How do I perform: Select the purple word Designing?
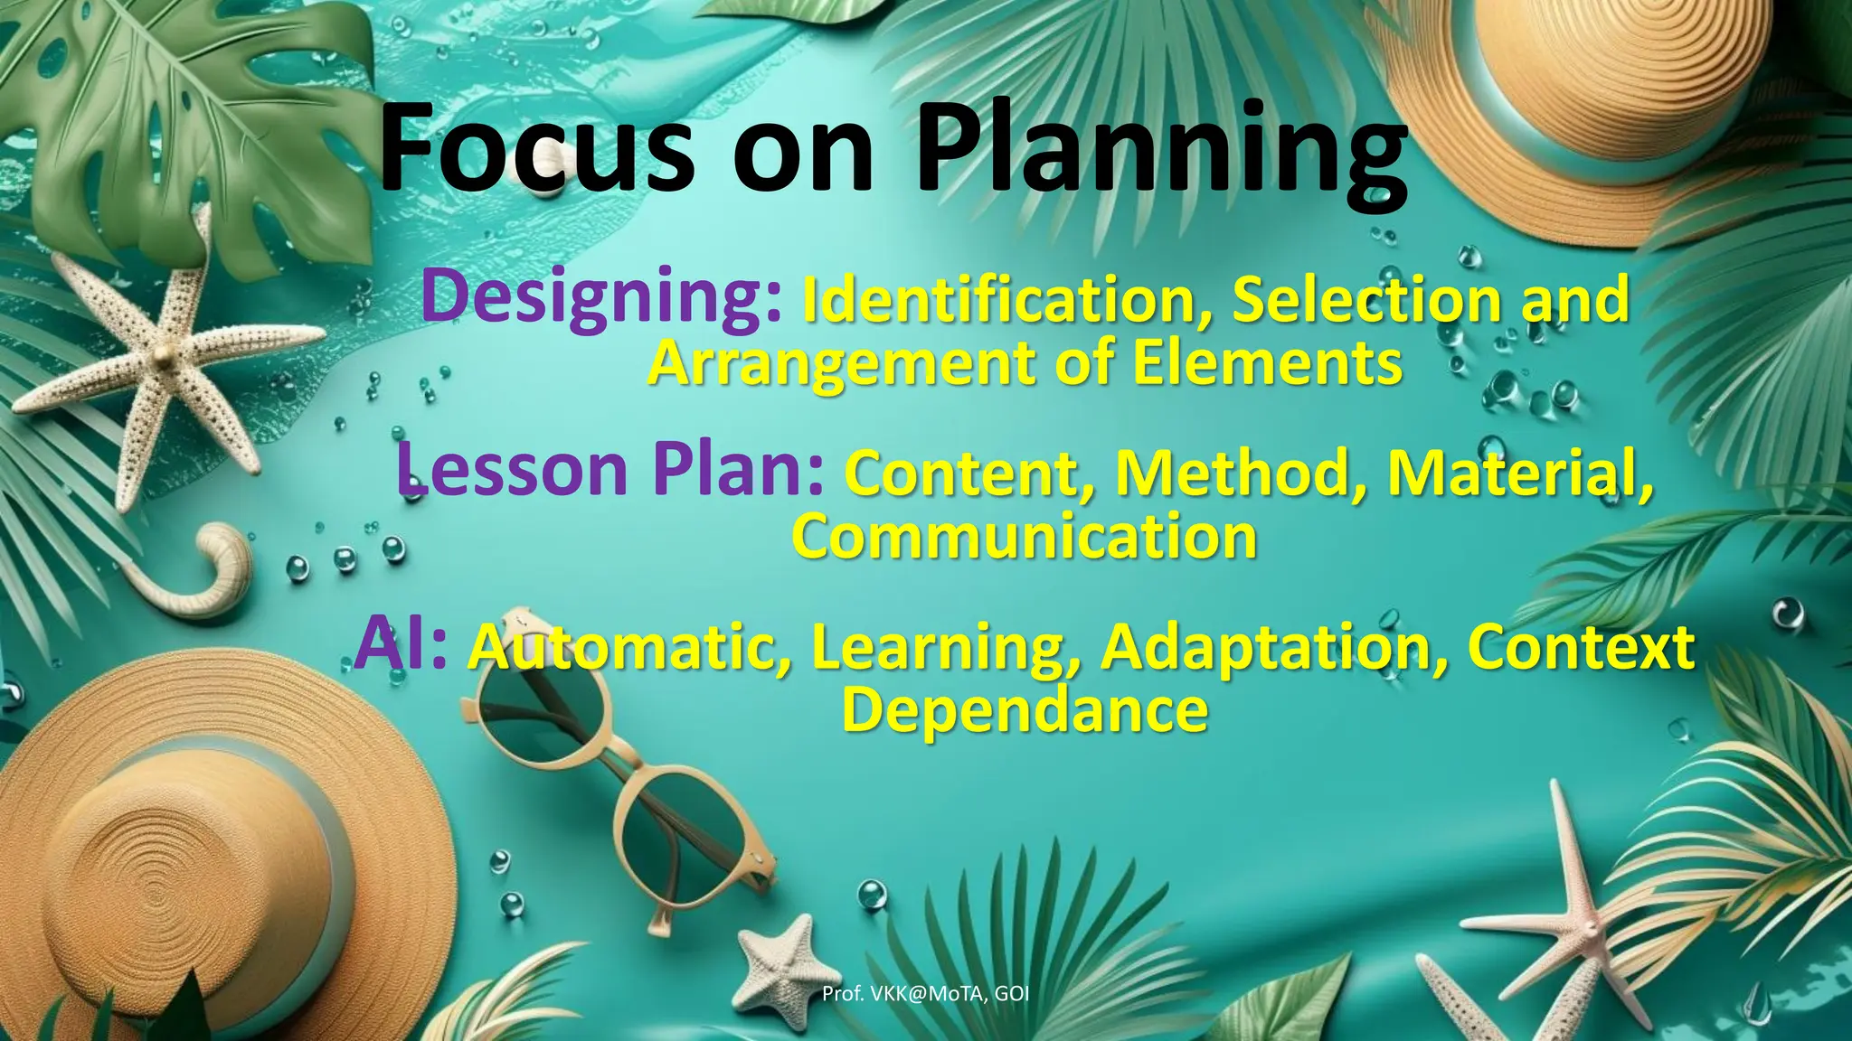[x=601, y=296]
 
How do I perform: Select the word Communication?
[x=1025, y=536]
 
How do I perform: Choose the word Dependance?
[x=1025, y=709]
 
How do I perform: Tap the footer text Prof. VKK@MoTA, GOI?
[x=925, y=994]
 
